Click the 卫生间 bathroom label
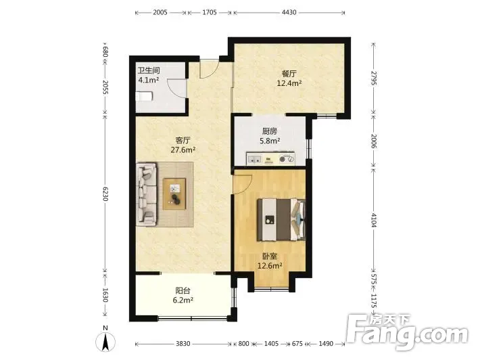pos(149,70)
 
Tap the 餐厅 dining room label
pos(289,74)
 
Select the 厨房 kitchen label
pos(270,131)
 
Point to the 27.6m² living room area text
pos(183,150)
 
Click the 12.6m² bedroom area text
pos(270,266)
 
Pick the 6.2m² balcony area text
pos(183,300)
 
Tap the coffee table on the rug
pos(174,194)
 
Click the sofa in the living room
pos(146,194)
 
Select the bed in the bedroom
pos(281,219)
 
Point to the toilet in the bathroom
pos(144,97)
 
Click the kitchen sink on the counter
pos(254,159)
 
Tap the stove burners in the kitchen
pos(287,159)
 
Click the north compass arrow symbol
pos(105,342)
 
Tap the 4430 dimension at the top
pos(289,13)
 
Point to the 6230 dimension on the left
pos(105,194)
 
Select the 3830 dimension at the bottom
pos(183,344)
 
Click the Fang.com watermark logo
pos(408,332)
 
